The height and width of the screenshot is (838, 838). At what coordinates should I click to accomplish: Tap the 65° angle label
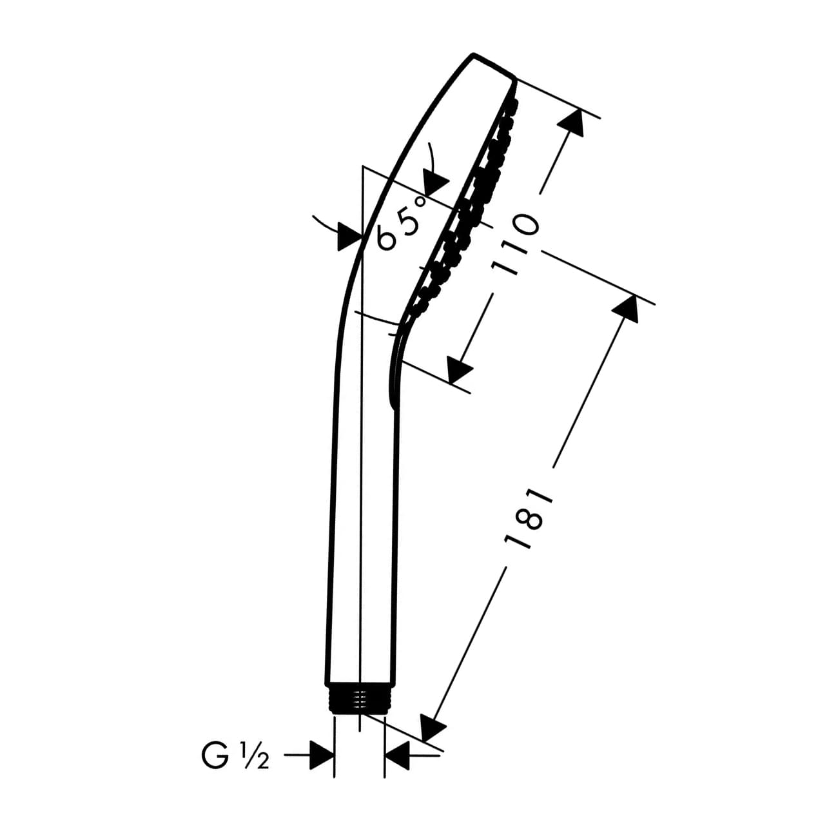[x=403, y=222]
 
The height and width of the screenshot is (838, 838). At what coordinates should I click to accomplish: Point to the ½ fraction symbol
[x=255, y=755]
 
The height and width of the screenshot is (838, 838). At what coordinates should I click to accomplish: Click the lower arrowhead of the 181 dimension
[x=432, y=728]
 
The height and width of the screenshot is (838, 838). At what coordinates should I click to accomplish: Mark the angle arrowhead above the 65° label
[x=436, y=180]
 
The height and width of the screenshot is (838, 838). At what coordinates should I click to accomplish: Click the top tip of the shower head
[x=474, y=54]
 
